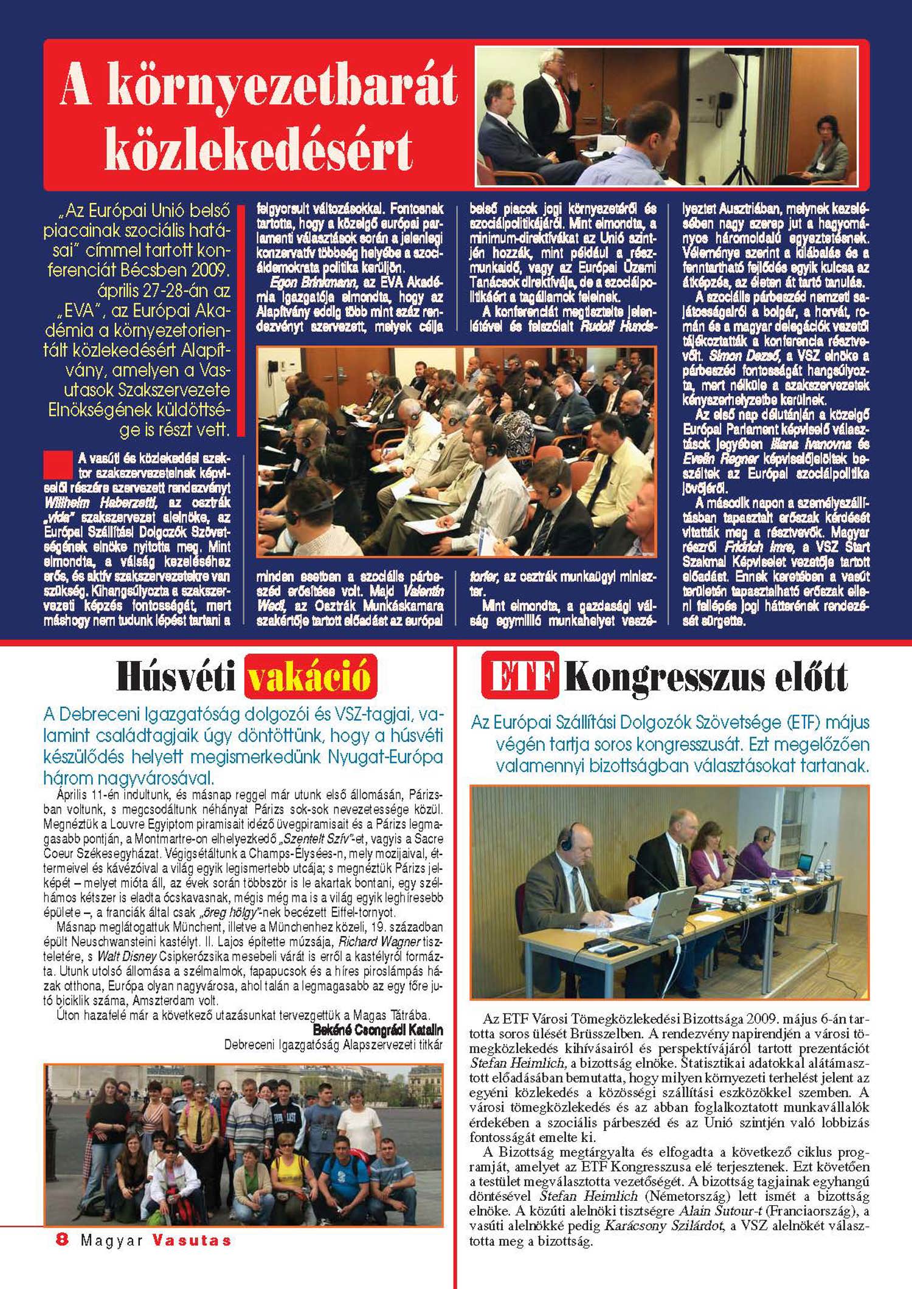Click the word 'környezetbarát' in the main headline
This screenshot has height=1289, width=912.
[258, 86]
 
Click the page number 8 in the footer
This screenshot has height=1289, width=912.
[61, 1240]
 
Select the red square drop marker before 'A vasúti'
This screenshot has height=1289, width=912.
[58, 464]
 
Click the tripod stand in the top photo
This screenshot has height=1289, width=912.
[742, 128]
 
